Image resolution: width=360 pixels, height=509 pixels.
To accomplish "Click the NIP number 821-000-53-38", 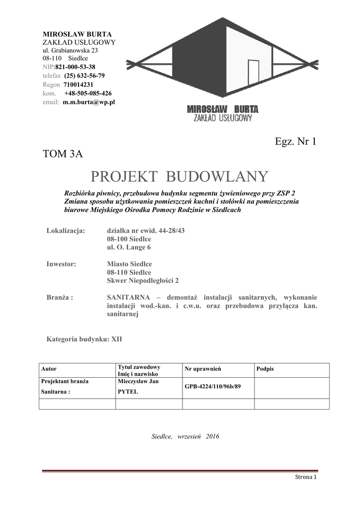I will pos(75,67).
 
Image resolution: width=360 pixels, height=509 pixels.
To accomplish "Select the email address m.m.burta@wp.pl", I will pos(89,102).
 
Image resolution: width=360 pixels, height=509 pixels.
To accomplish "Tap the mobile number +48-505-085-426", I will pos(88,93).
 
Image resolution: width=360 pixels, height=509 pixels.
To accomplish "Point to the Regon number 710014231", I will pos(78,85).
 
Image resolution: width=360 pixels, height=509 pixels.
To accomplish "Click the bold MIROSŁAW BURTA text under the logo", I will pos(222,109).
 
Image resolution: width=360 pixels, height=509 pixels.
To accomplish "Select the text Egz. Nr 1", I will pos(295,141).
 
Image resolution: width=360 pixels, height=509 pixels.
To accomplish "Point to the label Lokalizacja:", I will pos(66,231).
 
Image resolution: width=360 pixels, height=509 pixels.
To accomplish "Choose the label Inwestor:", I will pos(61,264).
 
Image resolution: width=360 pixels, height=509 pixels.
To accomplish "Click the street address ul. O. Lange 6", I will pos(129,247).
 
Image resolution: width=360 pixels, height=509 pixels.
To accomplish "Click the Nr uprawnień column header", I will pos(202,369).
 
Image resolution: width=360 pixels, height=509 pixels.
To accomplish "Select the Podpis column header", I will pos(265,369).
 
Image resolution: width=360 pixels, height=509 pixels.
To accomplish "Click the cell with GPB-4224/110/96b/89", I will pos(212,386).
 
